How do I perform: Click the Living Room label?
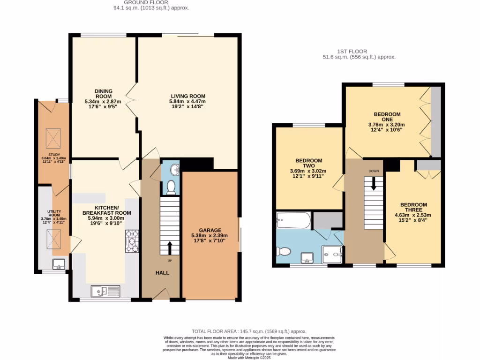click(x=188, y=101)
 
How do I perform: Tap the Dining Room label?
click(x=103, y=98)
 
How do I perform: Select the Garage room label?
click(x=210, y=235)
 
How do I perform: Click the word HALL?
click(x=162, y=273)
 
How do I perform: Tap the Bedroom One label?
click(x=387, y=120)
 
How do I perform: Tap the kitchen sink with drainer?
click(x=106, y=291)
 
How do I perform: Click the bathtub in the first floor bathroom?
click(x=293, y=220)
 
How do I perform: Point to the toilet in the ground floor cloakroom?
click(x=171, y=187)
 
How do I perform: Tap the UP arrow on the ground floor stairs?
click(x=170, y=248)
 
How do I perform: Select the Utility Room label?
click(x=53, y=216)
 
